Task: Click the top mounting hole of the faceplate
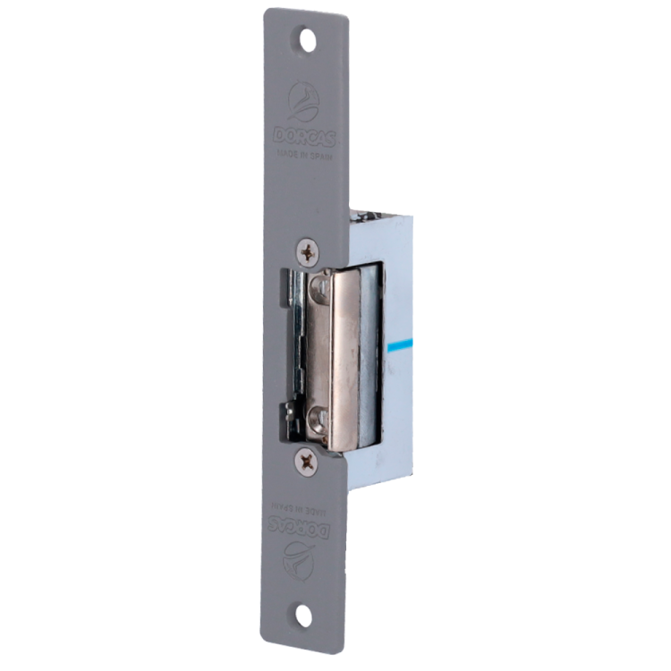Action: pyautogui.click(x=308, y=39)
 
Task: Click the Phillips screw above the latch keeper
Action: pyautogui.click(x=310, y=253)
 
